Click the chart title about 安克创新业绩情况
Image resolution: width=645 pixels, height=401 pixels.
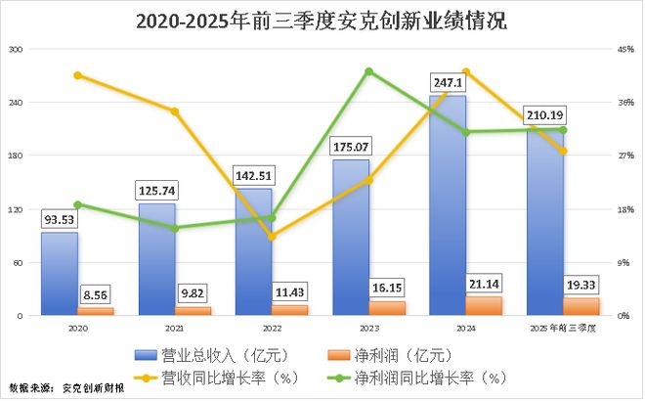[x=322, y=20]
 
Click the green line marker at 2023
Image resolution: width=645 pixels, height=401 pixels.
[x=368, y=71]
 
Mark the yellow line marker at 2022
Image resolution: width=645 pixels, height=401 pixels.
[x=272, y=237]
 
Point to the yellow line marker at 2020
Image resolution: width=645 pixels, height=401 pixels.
[x=77, y=75]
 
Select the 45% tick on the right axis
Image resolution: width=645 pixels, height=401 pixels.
[x=625, y=49]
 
